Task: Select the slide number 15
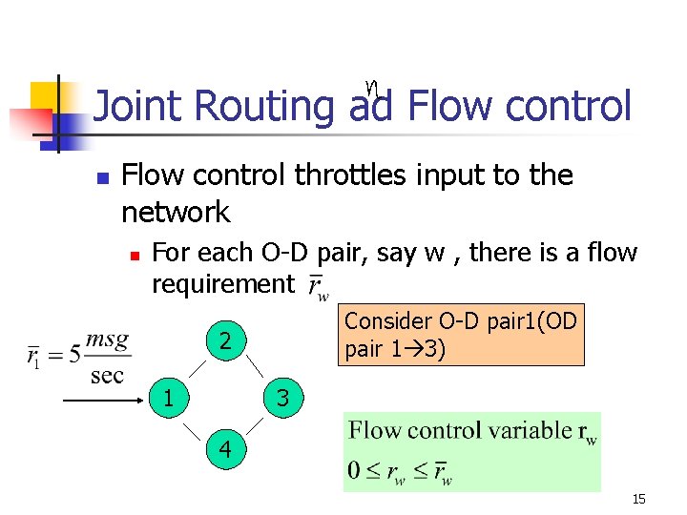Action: pos(639,499)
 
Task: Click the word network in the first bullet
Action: pos(177,211)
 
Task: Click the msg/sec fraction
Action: pos(107,358)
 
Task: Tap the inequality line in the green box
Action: pos(401,472)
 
